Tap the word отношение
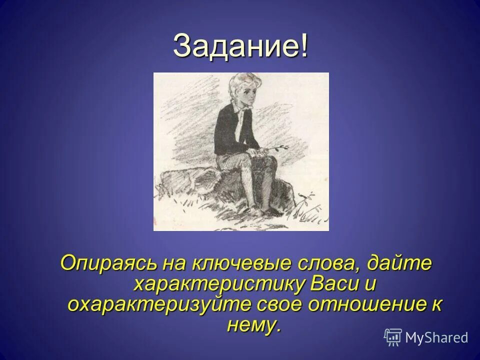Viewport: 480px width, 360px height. click(x=370, y=305)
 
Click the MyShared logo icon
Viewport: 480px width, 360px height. click(x=393, y=337)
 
